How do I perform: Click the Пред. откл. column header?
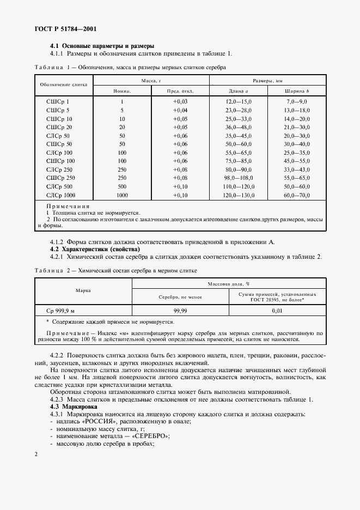(180, 91)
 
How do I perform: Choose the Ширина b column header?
(297, 91)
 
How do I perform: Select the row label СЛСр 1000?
(61, 195)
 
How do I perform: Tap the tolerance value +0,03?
(180, 102)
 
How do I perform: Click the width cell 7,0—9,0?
(297, 102)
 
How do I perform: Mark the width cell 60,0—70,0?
(297, 195)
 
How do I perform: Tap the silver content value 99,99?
(180, 309)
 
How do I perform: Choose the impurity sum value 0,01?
(276, 309)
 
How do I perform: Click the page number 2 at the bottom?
(35, 454)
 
